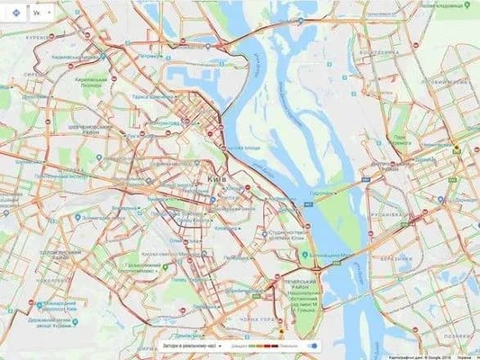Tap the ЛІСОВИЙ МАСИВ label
pos(442,83)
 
